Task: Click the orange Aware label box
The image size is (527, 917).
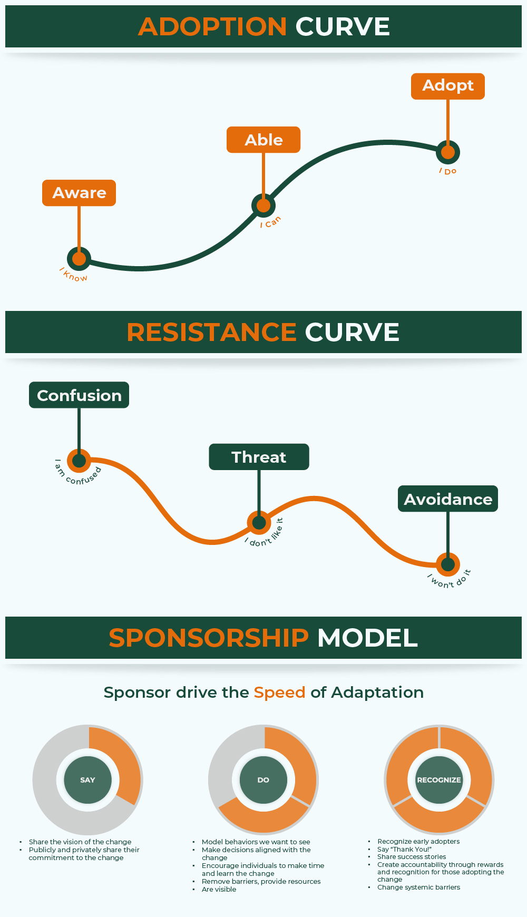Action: pyautogui.click(x=79, y=193)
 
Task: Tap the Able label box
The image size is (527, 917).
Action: pyautogui.click(x=263, y=140)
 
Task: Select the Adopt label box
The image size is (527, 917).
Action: pyautogui.click(x=448, y=86)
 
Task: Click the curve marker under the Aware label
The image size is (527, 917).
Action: pyautogui.click(x=79, y=259)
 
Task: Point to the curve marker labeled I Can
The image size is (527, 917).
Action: pyautogui.click(x=263, y=206)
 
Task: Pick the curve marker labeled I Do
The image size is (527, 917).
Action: pyautogui.click(x=448, y=152)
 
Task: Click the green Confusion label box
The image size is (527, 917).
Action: pyautogui.click(x=79, y=395)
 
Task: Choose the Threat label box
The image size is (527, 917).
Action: pyautogui.click(x=259, y=457)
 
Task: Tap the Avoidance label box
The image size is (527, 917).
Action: pyautogui.click(x=448, y=499)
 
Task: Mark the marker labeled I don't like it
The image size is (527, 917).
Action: pyautogui.click(x=259, y=522)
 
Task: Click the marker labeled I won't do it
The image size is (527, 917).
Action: pyautogui.click(x=448, y=564)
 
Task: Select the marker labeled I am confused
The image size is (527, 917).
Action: pyautogui.click(x=79, y=461)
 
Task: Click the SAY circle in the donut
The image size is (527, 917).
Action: pyautogui.click(x=87, y=780)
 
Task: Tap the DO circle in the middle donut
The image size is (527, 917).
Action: pyautogui.click(x=263, y=780)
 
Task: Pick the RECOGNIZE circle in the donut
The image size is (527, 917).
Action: pyautogui.click(x=439, y=780)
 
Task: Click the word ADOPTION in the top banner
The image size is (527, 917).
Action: pyautogui.click(x=212, y=27)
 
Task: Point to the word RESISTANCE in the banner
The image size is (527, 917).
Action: pyautogui.click(x=212, y=333)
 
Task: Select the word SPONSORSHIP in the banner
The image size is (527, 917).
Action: pyautogui.click(x=209, y=638)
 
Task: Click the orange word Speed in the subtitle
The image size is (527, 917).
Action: pyautogui.click(x=279, y=692)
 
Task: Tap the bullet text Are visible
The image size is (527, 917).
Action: pyautogui.click(x=219, y=890)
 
